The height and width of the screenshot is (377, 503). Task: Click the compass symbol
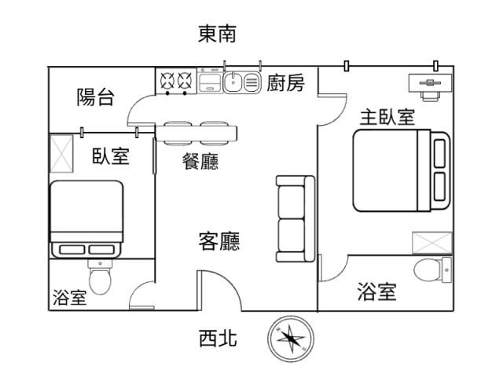[x=291, y=339]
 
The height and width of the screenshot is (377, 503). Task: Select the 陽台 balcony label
[x=95, y=97]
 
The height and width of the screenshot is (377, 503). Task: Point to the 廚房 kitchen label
[x=285, y=83]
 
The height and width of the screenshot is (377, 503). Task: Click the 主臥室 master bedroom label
[x=387, y=117]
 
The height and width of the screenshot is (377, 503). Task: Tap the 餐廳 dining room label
[x=200, y=162]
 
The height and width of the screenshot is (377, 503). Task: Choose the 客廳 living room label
[x=218, y=241]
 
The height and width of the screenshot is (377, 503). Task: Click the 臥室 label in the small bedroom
[x=110, y=156]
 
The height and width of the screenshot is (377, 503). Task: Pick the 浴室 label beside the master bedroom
[x=376, y=292]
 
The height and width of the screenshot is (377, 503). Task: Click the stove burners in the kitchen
[x=176, y=80]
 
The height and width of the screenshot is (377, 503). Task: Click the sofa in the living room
[x=295, y=219]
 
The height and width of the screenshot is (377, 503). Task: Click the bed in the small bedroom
[x=86, y=218]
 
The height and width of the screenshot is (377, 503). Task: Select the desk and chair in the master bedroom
[x=429, y=86]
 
